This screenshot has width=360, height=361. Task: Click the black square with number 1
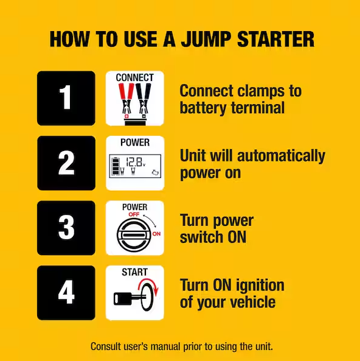pyautogui.click(x=66, y=98)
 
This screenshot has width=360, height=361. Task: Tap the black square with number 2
pyautogui.click(x=66, y=163)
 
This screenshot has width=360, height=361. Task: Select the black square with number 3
pyautogui.click(x=66, y=228)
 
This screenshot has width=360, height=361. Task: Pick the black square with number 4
pyautogui.click(x=66, y=293)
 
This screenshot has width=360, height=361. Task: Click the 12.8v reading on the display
pyautogui.click(x=135, y=163)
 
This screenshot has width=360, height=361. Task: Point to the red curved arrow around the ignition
pyautogui.click(x=150, y=292)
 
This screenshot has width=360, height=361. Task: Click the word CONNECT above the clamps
pyautogui.click(x=134, y=78)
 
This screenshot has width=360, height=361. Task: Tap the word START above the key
pyautogui.click(x=134, y=272)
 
